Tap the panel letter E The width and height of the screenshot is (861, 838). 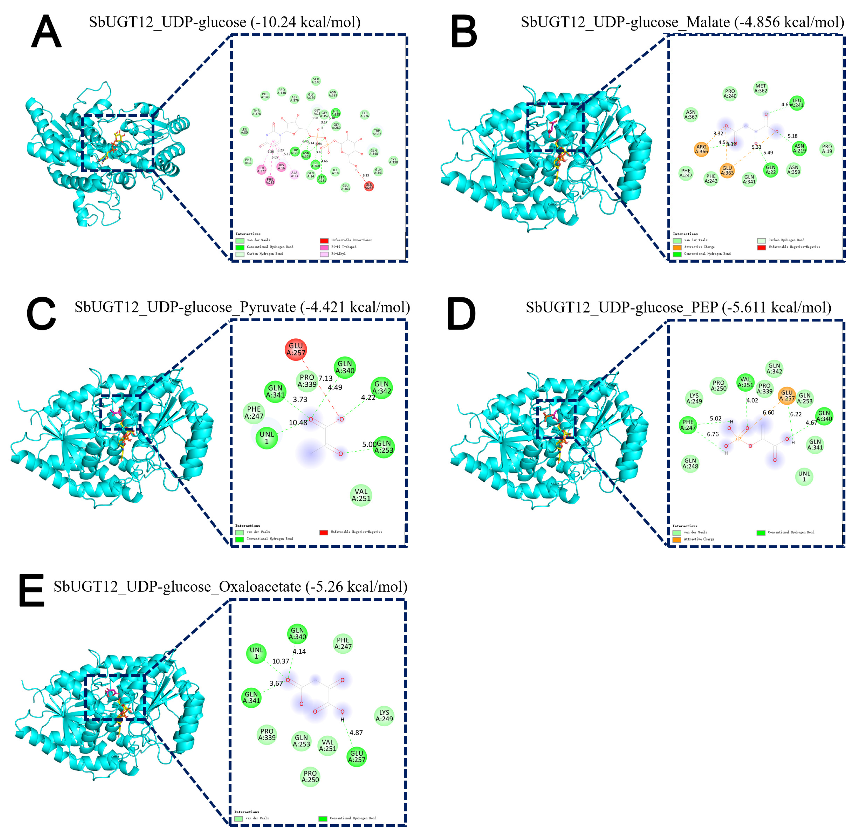pyautogui.click(x=32, y=590)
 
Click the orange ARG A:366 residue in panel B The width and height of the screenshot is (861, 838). pyautogui.click(x=701, y=149)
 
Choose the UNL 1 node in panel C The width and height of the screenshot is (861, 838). pyautogui.click(x=267, y=437)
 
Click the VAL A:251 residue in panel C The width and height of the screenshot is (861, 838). pyautogui.click(x=361, y=495)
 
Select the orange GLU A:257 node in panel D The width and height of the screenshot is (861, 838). pyautogui.click(x=787, y=395)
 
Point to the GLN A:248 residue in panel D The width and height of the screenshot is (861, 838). pyautogui.click(x=690, y=464)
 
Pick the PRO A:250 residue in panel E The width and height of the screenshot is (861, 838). pyautogui.click(x=310, y=776)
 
